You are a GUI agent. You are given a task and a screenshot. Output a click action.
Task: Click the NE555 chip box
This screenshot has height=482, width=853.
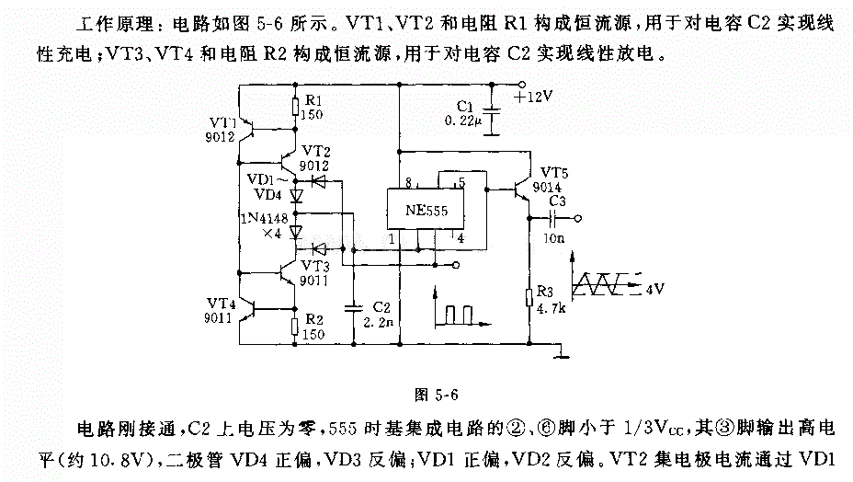426,209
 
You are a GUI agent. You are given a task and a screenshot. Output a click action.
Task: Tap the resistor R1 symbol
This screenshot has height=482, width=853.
295,108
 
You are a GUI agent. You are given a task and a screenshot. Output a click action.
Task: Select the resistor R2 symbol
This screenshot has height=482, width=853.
295,327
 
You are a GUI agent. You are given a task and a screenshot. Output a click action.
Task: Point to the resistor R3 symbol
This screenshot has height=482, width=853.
529,298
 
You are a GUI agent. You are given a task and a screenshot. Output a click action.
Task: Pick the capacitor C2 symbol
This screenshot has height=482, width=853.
354,308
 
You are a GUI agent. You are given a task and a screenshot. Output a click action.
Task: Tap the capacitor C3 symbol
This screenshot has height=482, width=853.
552,218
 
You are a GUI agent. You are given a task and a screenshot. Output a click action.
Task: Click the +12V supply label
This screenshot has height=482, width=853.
533,98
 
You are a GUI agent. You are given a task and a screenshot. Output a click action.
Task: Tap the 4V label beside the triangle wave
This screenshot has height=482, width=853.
655,289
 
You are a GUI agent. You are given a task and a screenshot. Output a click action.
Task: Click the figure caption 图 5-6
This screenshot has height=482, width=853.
437,395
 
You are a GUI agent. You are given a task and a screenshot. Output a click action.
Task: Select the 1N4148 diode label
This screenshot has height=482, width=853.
265,218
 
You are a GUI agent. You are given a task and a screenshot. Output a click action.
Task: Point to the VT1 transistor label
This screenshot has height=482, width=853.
223,122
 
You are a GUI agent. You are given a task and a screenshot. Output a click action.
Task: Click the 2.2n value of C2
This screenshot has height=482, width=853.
379,323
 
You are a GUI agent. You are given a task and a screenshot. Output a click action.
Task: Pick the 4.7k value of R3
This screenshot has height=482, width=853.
552,309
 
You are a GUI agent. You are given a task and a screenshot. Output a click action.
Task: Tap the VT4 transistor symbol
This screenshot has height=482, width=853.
248,308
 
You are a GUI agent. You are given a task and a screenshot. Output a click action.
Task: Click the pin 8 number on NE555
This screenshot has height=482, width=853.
409,182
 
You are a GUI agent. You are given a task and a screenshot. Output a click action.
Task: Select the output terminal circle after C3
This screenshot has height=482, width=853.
578,218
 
